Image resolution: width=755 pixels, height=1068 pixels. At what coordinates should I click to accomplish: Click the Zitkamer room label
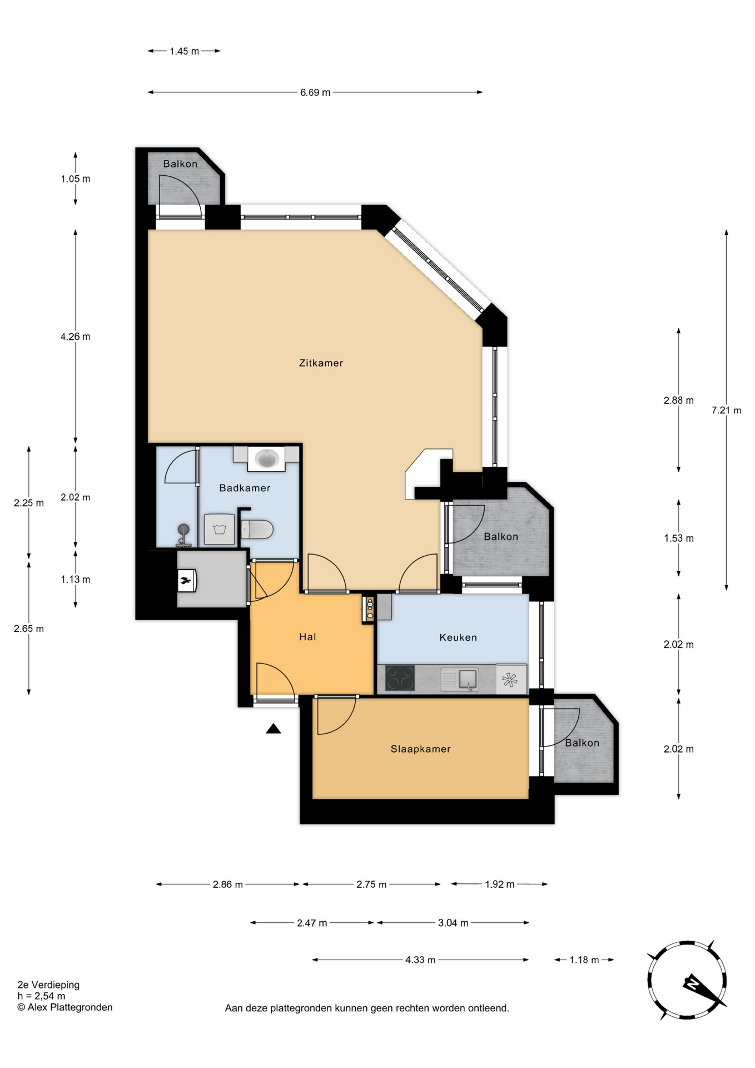[321, 363]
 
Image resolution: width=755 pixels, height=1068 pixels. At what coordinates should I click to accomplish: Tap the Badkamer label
[245, 488]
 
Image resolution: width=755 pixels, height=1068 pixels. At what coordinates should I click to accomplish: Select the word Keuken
[458, 637]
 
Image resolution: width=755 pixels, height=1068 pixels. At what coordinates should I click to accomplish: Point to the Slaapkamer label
[420, 749]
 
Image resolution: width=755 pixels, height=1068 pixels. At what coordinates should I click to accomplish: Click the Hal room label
[307, 637]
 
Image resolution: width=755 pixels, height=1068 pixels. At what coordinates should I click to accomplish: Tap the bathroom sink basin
[267, 459]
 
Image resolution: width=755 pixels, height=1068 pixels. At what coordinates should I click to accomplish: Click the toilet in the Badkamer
[257, 530]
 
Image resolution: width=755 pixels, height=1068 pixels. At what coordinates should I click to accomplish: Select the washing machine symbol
[220, 529]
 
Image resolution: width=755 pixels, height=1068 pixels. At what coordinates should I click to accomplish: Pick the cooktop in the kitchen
[400, 679]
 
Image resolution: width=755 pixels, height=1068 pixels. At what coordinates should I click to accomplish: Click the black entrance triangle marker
[273, 729]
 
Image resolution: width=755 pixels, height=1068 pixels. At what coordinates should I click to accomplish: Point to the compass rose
[688, 980]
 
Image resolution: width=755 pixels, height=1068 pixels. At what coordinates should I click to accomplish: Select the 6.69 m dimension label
[315, 92]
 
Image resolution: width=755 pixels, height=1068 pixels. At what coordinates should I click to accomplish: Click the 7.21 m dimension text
[726, 411]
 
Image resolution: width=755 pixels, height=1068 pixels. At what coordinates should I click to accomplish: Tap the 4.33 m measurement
[420, 960]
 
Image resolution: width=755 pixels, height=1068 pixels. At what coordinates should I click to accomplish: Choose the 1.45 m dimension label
[184, 51]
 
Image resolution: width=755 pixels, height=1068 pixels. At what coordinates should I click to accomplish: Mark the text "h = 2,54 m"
[41, 996]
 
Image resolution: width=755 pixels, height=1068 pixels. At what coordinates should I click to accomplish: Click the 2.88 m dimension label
[678, 400]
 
